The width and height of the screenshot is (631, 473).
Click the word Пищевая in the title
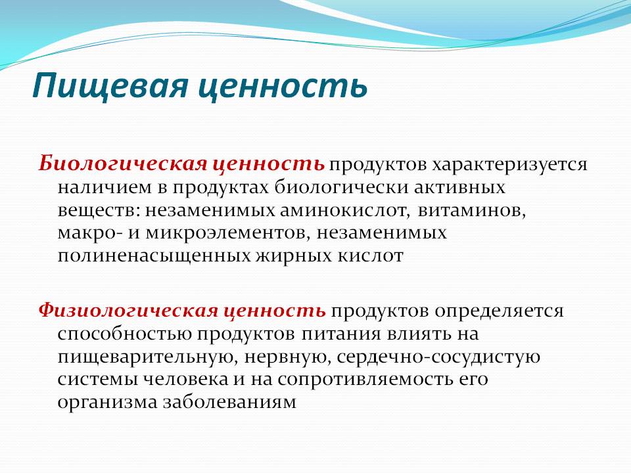pos(110,85)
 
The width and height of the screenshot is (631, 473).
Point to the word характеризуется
pos(509,165)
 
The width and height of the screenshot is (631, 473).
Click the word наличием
pos(104,188)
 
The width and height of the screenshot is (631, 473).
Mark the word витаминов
pos(472,211)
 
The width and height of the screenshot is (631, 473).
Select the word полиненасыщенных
pos(154,256)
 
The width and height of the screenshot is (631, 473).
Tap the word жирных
pos(294,256)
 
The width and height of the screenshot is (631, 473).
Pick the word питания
pos(341,334)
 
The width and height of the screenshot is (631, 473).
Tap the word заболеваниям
pos(229,402)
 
